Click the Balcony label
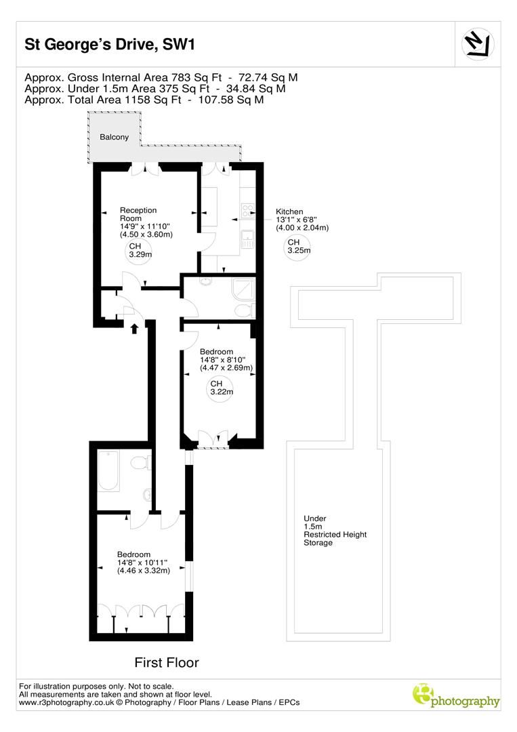coord(114,137)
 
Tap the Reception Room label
coord(138,214)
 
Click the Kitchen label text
coord(289,211)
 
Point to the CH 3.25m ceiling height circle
coord(298,247)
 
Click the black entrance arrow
coord(134,329)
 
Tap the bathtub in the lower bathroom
coord(109,473)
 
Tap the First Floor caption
coord(167,662)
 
